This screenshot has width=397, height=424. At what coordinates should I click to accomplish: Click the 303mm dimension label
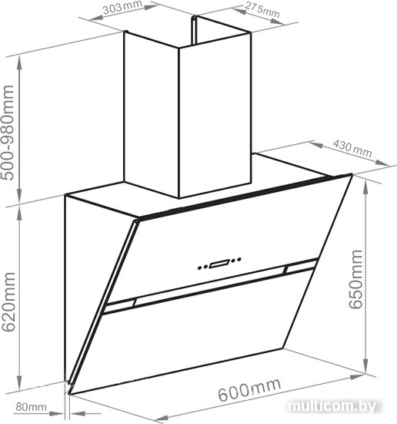click(x=123, y=8)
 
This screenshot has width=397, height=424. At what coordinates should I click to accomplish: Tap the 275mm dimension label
click(x=262, y=10)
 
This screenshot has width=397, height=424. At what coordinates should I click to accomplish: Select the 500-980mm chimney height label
click(x=8, y=133)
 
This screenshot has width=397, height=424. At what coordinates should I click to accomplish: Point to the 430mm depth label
click(x=352, y=149)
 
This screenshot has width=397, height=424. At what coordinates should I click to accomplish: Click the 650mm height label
click(x=355, y=279)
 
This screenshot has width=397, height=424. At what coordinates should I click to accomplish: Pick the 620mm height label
click(x=8, y=302)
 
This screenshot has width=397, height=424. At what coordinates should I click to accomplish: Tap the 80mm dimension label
click(x=31, y=406)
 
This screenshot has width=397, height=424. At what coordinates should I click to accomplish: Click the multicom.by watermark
click(x=332, y=405)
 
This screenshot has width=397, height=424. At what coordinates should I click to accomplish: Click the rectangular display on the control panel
click(x=219, y=263)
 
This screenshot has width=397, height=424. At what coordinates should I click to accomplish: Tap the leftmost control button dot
click(x=200, y=268)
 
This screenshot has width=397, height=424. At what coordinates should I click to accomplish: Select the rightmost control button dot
click(x=239, y=259)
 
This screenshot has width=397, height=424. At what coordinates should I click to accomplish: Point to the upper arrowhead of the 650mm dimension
click(x=365, y=187)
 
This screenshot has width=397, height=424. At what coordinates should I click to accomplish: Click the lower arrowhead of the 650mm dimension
click(x=365, y=366)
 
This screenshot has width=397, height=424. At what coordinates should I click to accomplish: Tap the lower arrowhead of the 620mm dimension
click(x=19, y=383)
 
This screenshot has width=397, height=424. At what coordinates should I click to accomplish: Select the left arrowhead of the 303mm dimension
click(x=96, y=17)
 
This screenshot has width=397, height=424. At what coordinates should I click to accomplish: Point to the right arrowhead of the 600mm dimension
click(x=357, y=377)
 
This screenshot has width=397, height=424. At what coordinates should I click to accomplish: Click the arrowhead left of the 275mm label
click(x=239, y=11)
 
